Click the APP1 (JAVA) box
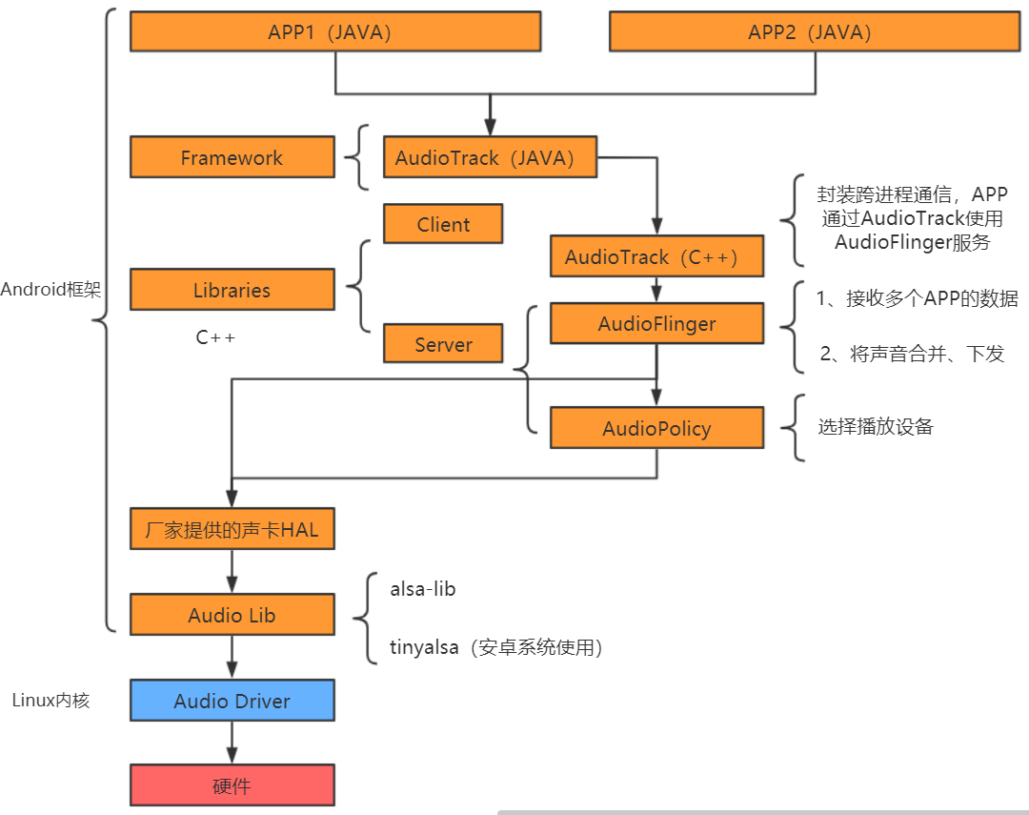click(x=335, y=31)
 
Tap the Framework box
click(x=232, y=157)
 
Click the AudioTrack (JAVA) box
click(x=490, y=157)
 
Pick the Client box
click(x=443, y=224)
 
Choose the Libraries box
click(x=232, y=290)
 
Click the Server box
click(x=443, y=344)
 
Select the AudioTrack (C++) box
click(x=656, y=256)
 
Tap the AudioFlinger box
click(x=656, y=324)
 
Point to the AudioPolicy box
click(x=656, y=428)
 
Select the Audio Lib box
click(x=232, y=615)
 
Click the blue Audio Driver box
click(x=232, y=701)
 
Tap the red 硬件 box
click(x=232, y=785)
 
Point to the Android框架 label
click(x=50, y=290)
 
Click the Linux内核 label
click(x=50, y=701)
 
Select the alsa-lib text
click(x=423, y=589)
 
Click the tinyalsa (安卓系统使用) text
click(x=495, y=647)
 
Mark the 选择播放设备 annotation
click(x=876, y=427)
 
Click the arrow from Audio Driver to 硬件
click(x=232, y=743)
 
